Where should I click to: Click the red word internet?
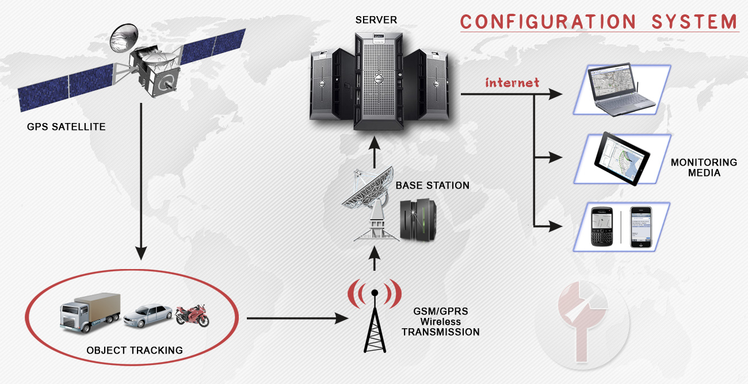pos(512,83)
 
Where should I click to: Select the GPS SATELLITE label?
pos(66,127)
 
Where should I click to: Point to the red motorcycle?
pos(192,315)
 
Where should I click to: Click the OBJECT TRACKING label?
pos(134,350)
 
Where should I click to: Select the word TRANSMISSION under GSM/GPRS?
pos(440,332)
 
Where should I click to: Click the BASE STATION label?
pos(432,186)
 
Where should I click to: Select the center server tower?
pos(377,80)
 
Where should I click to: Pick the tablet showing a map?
pos(622,158)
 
